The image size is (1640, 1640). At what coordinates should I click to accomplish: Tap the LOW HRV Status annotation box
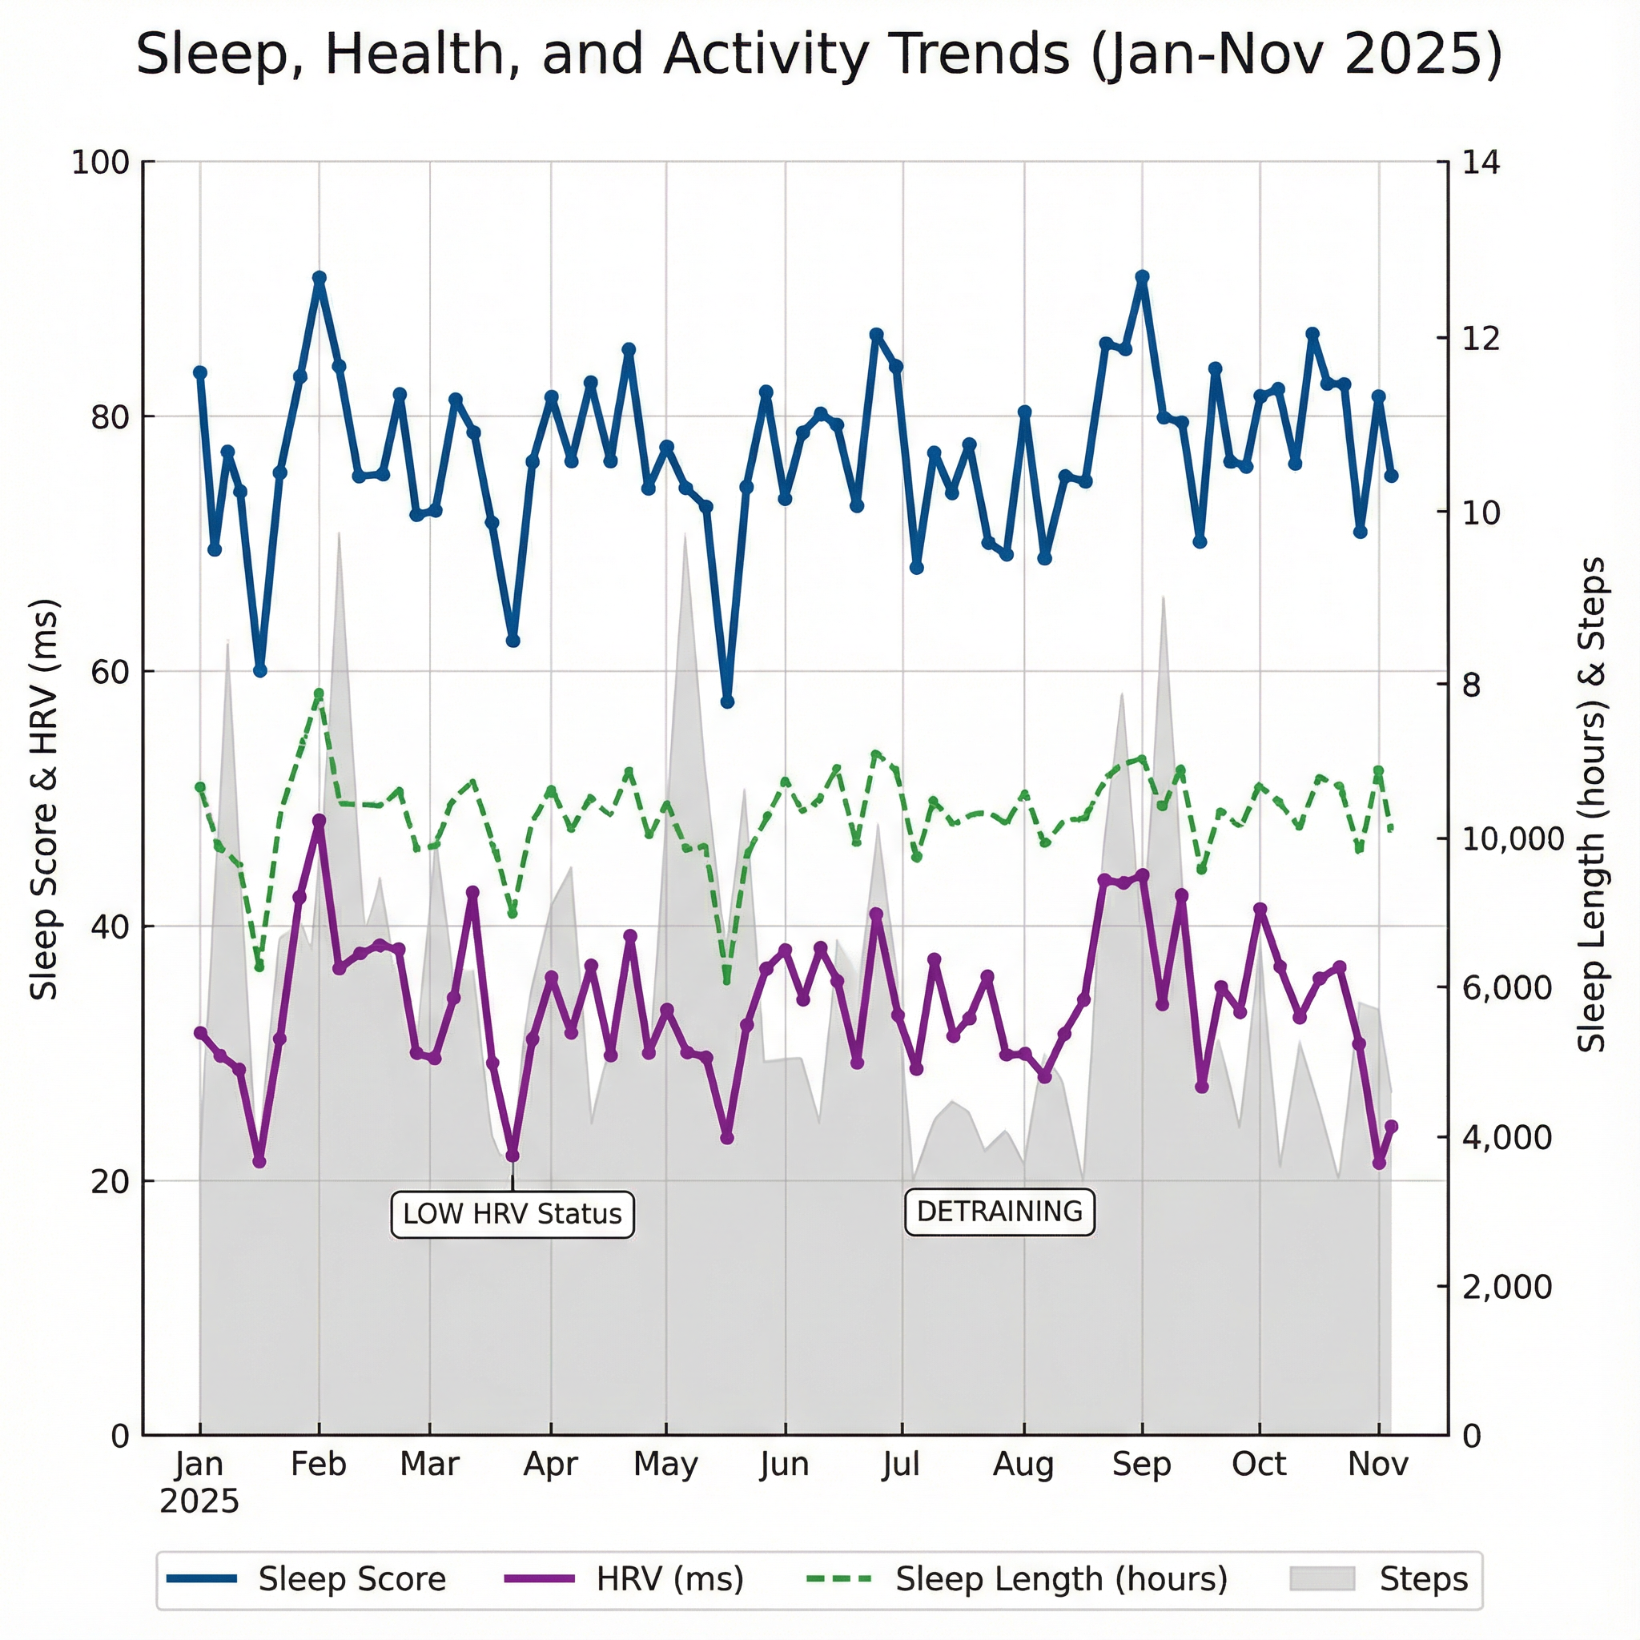[512, 1215]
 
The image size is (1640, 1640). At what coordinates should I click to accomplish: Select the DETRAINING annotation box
[999, 1212]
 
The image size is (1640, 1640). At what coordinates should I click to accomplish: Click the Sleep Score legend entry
[307, 1579]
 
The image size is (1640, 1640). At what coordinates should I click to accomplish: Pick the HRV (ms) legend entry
[625, 1579]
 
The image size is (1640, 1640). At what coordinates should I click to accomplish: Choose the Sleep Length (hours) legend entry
[1017, 1579]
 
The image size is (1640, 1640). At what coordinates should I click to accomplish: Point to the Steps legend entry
[1379, 1579]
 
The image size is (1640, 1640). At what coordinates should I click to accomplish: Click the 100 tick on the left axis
[99, 162]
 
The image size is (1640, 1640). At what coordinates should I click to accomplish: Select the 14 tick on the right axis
[1481, 162]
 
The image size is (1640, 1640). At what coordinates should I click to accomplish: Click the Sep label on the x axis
[1141, 1465]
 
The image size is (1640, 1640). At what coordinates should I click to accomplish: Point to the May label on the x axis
[665, 1465]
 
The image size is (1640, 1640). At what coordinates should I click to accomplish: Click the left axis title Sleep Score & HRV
[44, 800]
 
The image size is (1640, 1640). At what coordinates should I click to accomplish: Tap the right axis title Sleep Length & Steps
[1592, 805]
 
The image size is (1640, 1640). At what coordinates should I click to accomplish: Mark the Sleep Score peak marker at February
[320, 279]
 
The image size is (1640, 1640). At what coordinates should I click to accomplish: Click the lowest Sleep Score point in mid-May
[726, 702]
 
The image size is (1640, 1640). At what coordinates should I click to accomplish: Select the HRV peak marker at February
[320, 821]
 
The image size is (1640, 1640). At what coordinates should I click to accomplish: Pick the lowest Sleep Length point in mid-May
[726, 980]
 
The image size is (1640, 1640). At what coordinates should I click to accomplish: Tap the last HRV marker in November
[1391, 1127]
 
